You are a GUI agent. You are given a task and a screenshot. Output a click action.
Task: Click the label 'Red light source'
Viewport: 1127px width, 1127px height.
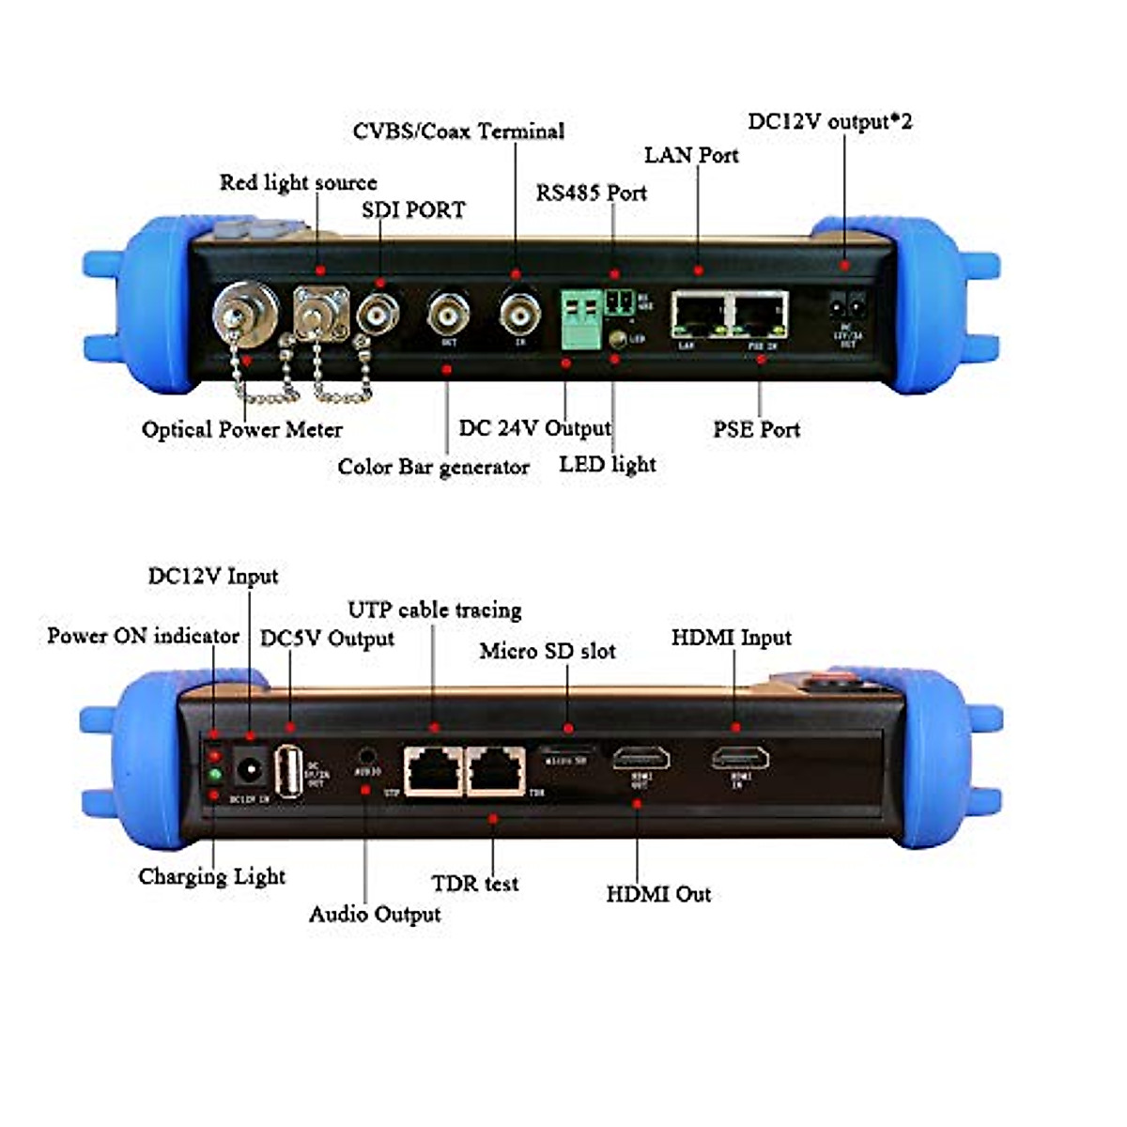pyautogui.click(x=298, y=182)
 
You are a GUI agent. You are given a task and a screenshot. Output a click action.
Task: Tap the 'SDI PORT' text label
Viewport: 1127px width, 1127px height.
pyautogui.click(x=413, y=209)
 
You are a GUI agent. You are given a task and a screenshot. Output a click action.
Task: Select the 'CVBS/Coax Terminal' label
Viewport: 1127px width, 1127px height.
pyautogui.click(x=458, y=131)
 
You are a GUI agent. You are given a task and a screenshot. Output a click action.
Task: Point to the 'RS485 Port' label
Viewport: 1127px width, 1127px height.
pyautogui.click(x=591, y=193)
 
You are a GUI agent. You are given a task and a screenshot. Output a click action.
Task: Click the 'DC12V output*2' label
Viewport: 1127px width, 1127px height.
pyautogui.click(x=829, y=121)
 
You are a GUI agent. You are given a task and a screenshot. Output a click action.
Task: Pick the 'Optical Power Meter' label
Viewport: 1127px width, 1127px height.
pyautogui.click(x=241, y=429)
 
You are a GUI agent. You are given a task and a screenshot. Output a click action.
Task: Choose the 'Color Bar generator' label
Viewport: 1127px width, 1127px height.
pyautogui.click(x=433, y=467)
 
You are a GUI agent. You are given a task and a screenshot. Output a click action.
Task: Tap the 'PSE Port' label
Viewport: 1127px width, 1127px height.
pyautogui.click(x=756, y=429)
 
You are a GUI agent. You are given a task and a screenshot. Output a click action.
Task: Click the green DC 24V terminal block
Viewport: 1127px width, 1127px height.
pyautogui.click(x=581, y=317)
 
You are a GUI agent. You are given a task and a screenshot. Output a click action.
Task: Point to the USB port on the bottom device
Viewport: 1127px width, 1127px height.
pyautogui.click(x=289, y=771)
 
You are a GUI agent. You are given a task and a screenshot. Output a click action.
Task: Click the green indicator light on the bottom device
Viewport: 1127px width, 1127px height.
pyautogui.click(x=214, y=775)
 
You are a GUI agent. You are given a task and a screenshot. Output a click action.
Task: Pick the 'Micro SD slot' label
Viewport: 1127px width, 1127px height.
pyautogui.click(x=548, y=651)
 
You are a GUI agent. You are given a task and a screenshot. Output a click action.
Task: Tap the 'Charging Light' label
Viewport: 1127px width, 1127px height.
pyautogui.click(x=211, y=876)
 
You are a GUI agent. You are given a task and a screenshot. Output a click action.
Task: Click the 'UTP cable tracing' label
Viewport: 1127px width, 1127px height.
pyautogui.click(x=434, y=610)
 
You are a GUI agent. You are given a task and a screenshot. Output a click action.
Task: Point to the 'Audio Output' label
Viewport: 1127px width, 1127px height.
pyautogui.click(x=375, y=914)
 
